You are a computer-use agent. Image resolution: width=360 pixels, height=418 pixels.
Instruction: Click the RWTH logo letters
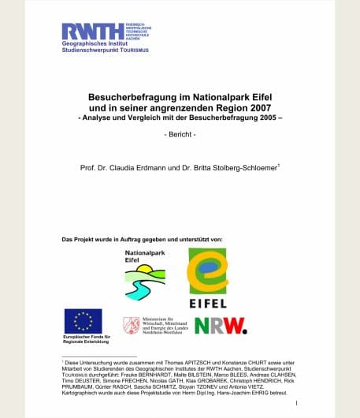(92, 31)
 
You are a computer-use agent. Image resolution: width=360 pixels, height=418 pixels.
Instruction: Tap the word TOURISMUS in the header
(132, 50)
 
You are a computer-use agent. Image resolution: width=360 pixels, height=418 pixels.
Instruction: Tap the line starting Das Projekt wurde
(142, 238)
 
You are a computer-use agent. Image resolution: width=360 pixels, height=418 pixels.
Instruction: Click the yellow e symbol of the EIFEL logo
(207, 271)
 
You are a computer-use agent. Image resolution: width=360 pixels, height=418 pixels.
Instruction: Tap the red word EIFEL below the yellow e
(208, 303)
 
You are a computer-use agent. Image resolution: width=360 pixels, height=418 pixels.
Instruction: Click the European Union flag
(83, 321)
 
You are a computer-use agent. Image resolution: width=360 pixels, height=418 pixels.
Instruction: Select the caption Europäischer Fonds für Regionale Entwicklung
(83, 340)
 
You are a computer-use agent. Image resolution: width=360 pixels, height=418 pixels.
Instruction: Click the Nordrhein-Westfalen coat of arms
(131, 325)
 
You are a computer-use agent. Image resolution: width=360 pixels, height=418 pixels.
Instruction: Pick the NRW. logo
(221, 325)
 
